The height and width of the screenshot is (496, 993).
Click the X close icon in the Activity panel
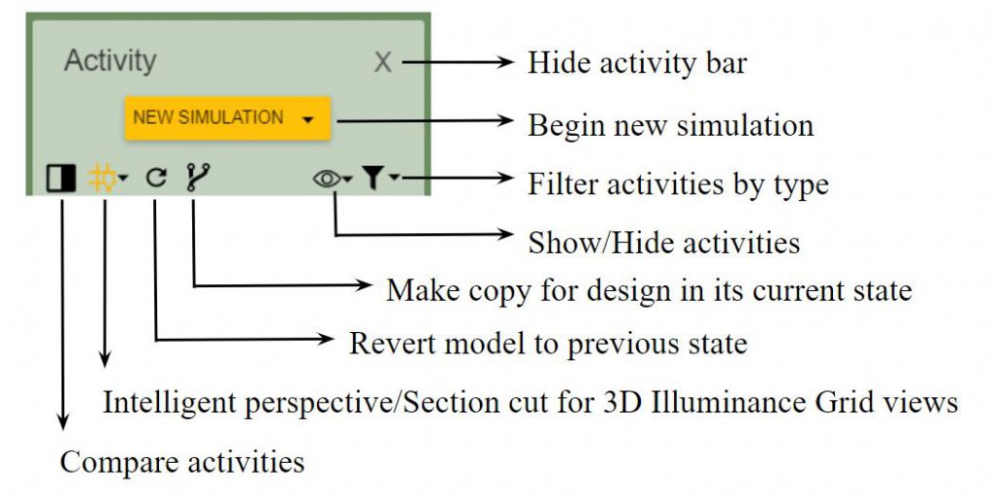click(382, 63)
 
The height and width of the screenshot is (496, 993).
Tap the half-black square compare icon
click(61, 179)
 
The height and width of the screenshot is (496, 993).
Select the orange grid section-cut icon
click(102, 179)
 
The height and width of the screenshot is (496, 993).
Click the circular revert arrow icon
click(156, 179)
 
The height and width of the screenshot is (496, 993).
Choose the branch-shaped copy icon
click(198, 178)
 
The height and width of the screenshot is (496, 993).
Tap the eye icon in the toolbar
click(327, 180)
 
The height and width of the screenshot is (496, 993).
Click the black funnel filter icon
click(373, 179)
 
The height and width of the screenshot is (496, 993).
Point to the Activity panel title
click(111, 61)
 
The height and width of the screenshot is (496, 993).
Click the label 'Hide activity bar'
click(637, 63)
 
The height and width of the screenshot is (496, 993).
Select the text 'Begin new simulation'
click(671, 125)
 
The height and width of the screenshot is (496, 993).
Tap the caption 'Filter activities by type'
click(678, 184)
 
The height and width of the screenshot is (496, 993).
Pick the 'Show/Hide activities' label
click(664, 243)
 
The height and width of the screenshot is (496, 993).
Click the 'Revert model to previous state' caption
click(549, 344)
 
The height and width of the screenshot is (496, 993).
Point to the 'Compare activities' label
click(182, 462)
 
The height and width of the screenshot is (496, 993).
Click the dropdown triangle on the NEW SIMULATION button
click(308, 119)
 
